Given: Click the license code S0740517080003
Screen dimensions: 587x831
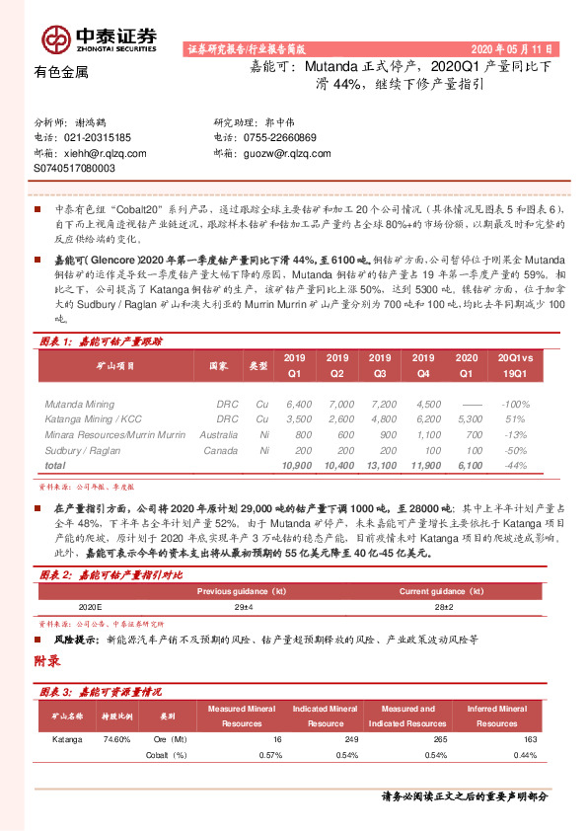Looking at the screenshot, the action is tap(74, 169).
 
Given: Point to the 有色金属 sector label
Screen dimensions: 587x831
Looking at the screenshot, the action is tap(61, 72).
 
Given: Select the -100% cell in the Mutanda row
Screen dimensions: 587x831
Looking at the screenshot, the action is tap(513, 405).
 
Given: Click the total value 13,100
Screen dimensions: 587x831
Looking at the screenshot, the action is tap(379, 464).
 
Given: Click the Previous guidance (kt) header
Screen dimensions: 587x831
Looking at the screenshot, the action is tap(243, 591).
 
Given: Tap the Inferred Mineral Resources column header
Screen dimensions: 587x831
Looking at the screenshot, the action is tap(496, 716).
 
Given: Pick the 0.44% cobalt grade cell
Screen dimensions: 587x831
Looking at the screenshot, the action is tap(525, 755).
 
